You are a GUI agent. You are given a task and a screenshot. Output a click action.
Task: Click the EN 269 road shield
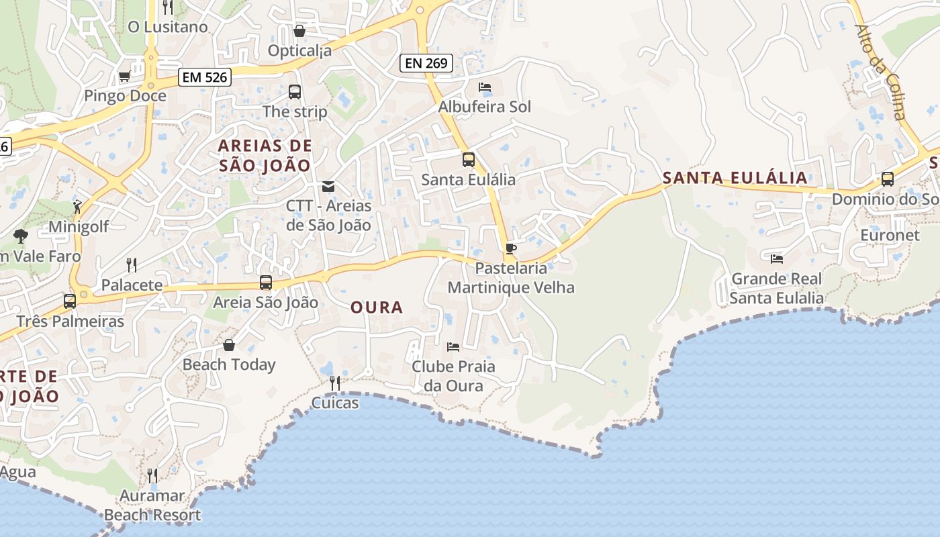[x=426, y=64]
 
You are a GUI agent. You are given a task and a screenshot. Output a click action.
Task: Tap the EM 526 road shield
[x=205, y=77]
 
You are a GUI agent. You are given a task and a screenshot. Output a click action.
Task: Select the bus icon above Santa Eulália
[x=469, y=160]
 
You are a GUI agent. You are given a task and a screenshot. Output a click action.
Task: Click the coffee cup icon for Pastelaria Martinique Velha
[x=511, y=249]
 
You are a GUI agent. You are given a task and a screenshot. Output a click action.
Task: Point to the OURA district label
[x=377, y=307]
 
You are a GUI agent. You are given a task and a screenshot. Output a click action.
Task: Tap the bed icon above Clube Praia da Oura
[x=453, y=347]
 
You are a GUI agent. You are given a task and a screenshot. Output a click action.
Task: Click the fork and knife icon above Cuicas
[x=334, y=383]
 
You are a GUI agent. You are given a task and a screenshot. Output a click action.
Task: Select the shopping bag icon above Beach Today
[x=229, y=345]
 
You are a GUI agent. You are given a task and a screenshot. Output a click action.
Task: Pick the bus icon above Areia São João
[x=266, y=283]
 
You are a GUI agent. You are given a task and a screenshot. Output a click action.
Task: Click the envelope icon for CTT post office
[x=328, y=186]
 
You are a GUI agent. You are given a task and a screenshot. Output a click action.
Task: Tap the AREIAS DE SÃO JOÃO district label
[x=265, y=155]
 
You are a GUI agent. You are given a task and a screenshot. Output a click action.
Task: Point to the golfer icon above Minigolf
[x=78, y=207]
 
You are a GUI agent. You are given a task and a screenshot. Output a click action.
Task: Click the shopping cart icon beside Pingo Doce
[x=124, y=77]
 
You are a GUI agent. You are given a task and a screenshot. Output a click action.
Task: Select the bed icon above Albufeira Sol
[x=485, y=87]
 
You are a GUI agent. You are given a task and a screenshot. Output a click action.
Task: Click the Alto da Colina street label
[x=880, y=72]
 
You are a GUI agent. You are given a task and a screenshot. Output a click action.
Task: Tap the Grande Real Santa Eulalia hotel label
[x=776, y=288]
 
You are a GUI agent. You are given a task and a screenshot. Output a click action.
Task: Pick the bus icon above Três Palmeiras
[x=70, y=301]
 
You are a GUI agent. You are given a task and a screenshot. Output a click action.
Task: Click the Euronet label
[x=890, y=236]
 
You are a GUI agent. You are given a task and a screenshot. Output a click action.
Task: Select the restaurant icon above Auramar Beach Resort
[x=152, y=476]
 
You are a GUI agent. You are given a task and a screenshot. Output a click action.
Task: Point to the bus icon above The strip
[x=295, y=92]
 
